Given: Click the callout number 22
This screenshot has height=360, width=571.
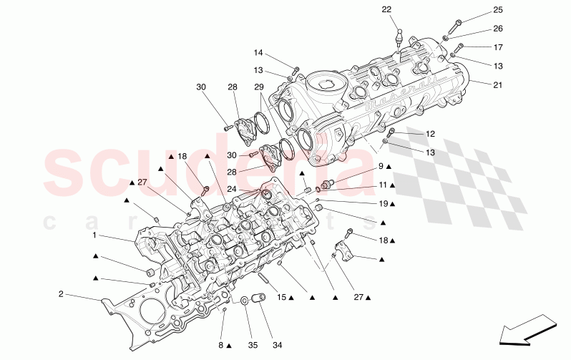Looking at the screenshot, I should [386, 9].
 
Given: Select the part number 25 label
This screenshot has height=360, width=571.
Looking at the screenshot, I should [498, 10].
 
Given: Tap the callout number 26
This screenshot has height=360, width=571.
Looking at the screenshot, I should [498, 29].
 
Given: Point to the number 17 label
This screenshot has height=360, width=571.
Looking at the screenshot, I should [498, 47].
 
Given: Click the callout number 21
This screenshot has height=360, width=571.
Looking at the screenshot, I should [498, 84].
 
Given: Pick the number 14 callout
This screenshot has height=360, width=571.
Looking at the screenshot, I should [258, 53].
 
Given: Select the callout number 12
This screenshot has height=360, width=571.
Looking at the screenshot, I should [430, 134].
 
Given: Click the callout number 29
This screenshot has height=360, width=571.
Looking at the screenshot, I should [258, 87].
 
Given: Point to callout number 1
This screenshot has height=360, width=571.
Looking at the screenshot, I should [94, 235].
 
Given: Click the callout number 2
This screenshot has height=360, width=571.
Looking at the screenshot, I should [61, 293].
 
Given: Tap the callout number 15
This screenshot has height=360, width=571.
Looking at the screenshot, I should [281, 297].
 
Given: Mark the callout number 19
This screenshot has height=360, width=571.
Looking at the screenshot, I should [383, 203].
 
